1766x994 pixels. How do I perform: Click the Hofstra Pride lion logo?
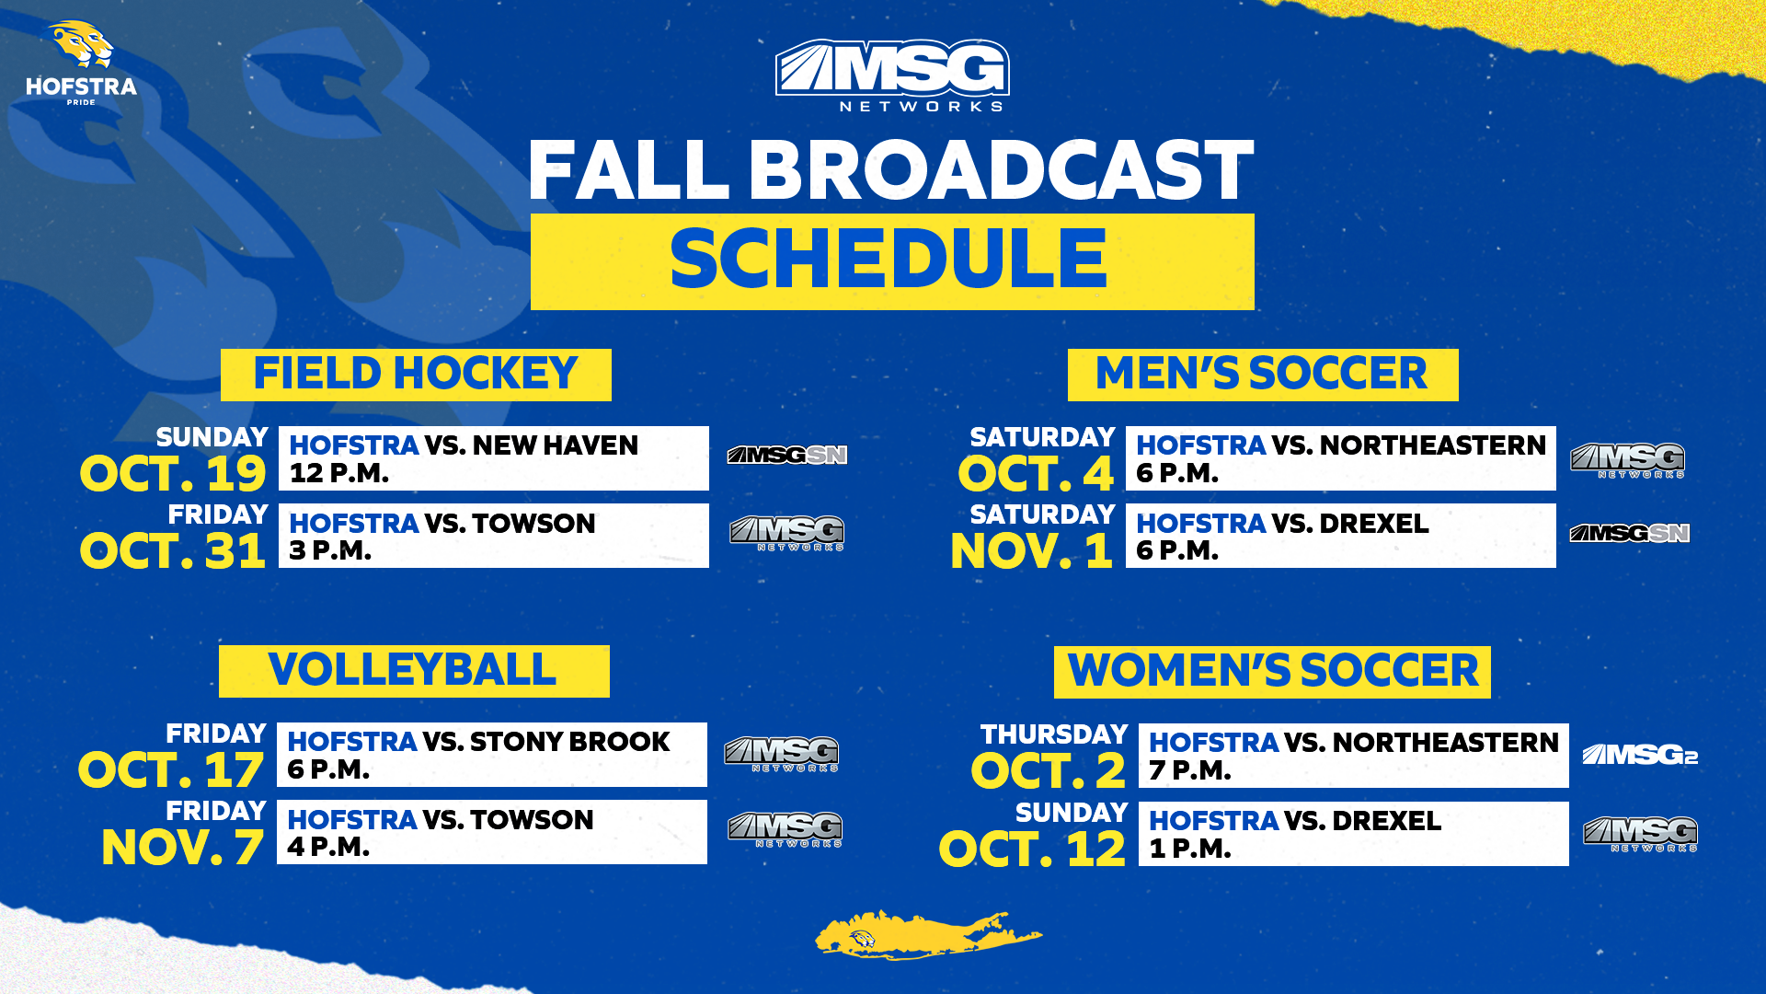point(81,62)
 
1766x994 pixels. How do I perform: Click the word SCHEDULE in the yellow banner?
point(889,260)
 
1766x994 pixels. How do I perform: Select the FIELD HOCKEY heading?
point(416,375)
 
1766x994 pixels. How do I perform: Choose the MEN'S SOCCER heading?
point(1262,375)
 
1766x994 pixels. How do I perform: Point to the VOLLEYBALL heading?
point(413,671)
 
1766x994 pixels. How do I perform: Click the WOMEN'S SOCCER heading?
point(1272,672)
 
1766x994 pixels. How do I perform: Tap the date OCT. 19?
point(173,475)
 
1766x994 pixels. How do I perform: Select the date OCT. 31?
point(173,552)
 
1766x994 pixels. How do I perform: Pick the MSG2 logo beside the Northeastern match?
point(1639,756)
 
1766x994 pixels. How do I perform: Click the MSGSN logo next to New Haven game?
point(786,456)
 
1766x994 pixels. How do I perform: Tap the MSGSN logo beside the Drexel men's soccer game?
point(1629,534)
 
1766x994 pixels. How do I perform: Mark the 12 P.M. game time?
point(338,473)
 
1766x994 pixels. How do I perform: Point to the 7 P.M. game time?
point(1189,770)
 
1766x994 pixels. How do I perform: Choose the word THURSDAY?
point(1054,734)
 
